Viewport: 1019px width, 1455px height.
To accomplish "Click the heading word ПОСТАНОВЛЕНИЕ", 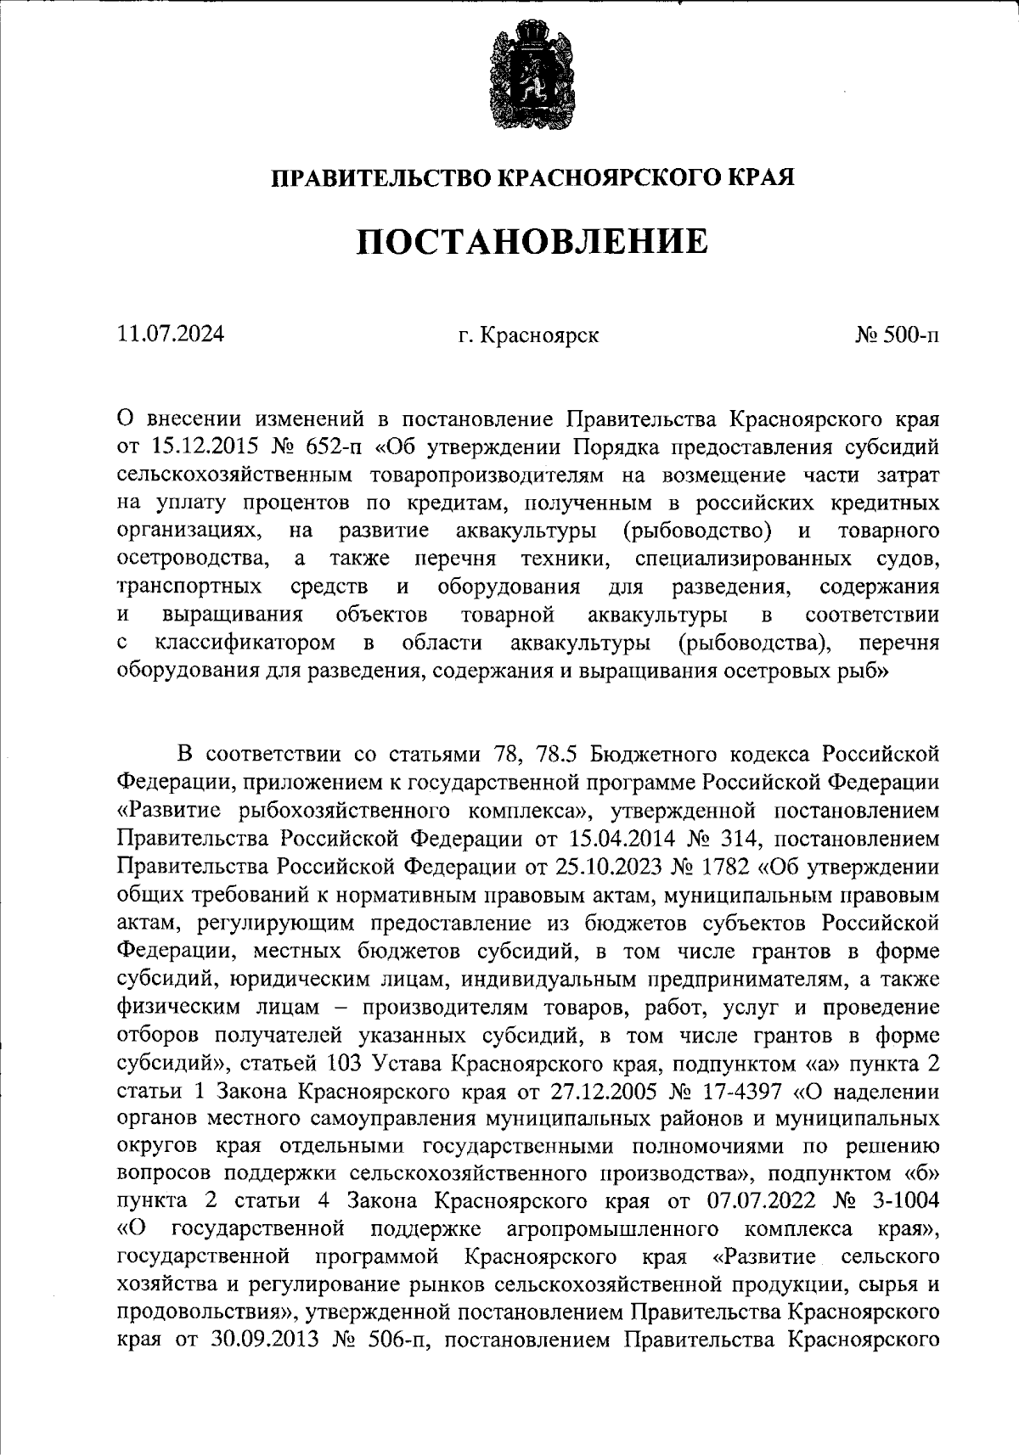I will click(x=531, y=242).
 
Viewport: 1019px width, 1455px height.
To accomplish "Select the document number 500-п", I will click(x=909, y=335).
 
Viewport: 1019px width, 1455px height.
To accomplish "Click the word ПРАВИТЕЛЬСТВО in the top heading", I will click(x=380, y=178).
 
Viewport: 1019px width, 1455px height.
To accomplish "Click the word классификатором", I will click(x=245, y=643).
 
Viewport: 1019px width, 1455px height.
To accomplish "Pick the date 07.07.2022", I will click(x=758, y=1202).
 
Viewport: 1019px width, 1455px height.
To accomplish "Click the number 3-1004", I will click(x=900, y=1202).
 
